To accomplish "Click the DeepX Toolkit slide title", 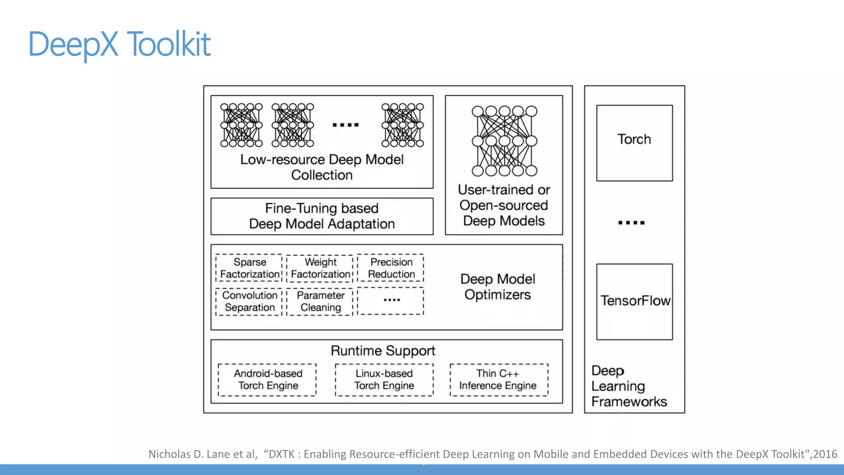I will tap(120, 44).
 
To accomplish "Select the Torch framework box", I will tap(634, 143).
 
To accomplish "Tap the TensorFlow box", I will tap(634, 301).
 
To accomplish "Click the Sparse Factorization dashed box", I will tap(249, 268).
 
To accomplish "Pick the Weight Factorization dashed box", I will tap(320, 268).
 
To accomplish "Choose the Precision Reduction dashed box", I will tap(391, 268).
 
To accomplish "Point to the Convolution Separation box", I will tap(249, 301).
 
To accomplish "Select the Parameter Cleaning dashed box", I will tap(320, 301).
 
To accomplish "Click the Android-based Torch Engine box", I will tap(267, 379).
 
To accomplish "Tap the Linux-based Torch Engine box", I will tap(384, 379).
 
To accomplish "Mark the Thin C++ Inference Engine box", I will tap(498, 379).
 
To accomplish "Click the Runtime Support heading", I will tap(383, 351).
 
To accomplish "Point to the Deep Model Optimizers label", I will tap(497, 287).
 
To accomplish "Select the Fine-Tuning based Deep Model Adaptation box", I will tap(322, 216).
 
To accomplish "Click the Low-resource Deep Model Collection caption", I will tap(322, 167).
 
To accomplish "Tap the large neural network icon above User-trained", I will tap(504, 141).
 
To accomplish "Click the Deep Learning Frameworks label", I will tap(628, 386).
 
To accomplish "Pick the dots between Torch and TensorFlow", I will tap(631, 223).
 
